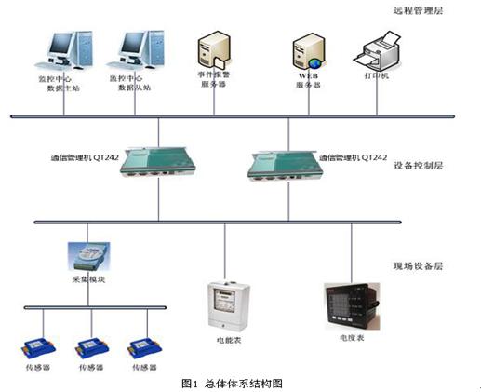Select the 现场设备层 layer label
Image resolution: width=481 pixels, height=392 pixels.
click(x=416, y=267)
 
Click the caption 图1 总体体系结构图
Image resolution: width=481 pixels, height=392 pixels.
click(x=232, y=383)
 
